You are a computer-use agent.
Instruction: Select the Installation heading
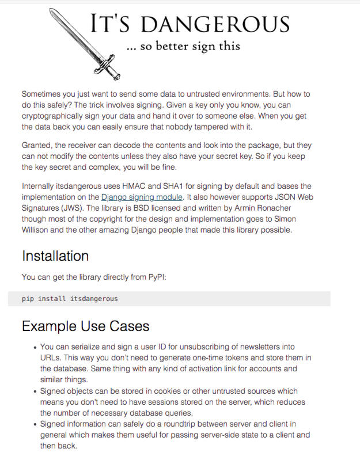[55, 256]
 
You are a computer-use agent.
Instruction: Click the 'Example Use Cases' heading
[85, 326]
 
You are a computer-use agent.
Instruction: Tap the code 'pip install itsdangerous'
[69, 299]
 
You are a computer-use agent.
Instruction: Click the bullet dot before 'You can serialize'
[35, 347]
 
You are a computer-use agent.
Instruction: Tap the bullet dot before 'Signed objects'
[35, 391]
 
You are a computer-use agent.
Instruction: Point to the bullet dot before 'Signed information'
[35, 424]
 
